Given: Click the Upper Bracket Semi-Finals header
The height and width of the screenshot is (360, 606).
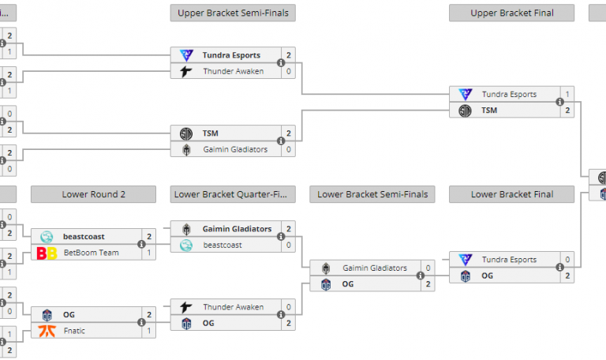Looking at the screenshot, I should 233,13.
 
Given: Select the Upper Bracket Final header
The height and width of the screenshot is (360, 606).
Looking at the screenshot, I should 511,13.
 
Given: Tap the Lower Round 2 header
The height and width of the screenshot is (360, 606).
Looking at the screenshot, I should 93,194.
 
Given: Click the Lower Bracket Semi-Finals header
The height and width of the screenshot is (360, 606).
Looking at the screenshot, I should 372,194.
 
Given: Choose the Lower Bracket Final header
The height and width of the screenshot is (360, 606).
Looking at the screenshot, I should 511,194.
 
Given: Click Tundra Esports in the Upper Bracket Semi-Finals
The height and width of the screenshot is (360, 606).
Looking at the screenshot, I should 231,55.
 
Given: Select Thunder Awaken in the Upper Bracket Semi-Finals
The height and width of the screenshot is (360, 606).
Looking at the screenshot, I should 233,71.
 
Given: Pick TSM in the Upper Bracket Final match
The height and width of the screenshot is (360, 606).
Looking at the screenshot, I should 489,111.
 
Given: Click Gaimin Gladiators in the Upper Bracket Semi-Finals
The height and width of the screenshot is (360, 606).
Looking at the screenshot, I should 235,149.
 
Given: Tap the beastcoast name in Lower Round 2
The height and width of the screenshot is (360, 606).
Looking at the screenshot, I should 84,236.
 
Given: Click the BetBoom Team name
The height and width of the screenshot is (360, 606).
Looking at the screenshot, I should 91,253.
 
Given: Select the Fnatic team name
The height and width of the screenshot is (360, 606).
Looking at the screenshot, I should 74,331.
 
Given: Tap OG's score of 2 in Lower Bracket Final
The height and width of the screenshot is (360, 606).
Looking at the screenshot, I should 567,276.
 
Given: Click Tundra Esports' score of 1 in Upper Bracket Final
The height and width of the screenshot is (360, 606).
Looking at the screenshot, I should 567,94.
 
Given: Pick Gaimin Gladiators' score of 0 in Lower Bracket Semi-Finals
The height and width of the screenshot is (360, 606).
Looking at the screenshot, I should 428,268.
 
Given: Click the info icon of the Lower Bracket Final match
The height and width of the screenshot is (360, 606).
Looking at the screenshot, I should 559,268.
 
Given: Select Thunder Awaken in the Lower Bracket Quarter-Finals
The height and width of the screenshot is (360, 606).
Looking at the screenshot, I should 233,307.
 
